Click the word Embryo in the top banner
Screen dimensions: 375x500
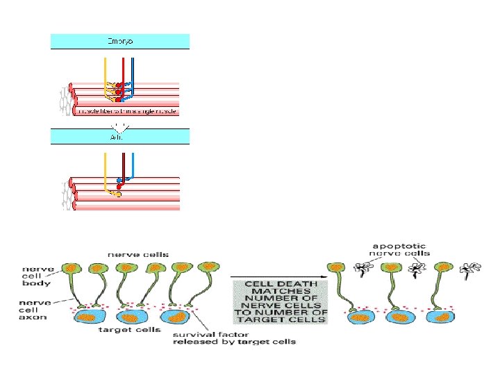coord(119,42)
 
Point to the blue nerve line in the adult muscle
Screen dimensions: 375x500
coord(133,164)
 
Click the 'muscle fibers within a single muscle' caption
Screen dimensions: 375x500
coord(128,110)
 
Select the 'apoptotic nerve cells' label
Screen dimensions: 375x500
coord(401,249)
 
